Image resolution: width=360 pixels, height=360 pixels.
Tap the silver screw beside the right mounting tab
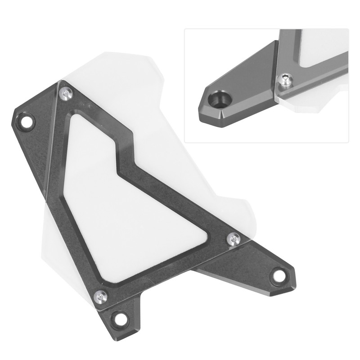(233, 238)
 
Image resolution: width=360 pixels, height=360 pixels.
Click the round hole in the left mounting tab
(28, 121)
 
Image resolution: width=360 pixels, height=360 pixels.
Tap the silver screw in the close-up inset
(285, 80)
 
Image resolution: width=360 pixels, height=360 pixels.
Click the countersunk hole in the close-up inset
(220, 99)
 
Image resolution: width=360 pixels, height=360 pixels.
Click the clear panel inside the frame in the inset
(322, 45)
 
